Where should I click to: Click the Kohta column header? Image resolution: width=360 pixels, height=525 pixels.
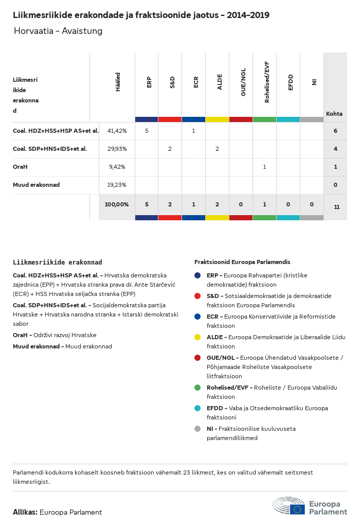(x=334, y=114)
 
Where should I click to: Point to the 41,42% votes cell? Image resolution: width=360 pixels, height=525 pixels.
(x=117, y=131)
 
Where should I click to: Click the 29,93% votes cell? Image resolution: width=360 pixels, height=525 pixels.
(x=117, y=149)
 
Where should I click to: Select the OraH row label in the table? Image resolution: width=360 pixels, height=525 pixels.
(x=20, y=167)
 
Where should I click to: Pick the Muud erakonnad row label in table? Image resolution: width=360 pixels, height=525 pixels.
(x=36, y=185)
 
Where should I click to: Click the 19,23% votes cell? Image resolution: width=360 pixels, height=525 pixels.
(x=117, y=185)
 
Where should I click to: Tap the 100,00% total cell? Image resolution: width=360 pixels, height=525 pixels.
(x=117, y=204)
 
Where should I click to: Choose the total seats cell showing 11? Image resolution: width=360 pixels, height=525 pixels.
(x=336, y=207)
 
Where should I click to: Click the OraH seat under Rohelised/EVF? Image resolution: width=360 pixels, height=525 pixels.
(x=264, y=167)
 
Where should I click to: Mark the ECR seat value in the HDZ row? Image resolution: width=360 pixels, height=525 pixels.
(x=193, y=131)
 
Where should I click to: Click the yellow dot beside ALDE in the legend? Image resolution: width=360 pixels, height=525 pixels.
(x=197, y=337)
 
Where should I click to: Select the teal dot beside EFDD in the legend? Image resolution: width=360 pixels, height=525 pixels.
(x=197, y=408)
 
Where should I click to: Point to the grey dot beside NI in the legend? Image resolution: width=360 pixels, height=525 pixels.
(x=197, y=428)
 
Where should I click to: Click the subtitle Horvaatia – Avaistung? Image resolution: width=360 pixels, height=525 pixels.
(x=58, y=31)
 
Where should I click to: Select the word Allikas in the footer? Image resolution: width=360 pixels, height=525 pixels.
(x=25, y=512)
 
